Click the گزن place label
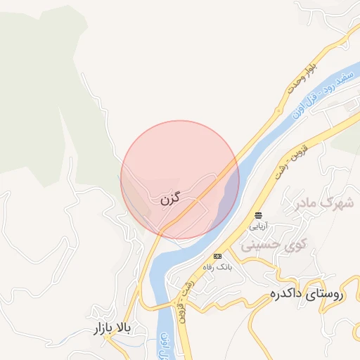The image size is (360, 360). pos(169,200)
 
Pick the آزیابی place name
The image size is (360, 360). pos(259,226)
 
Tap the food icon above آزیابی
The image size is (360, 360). pos(259,214)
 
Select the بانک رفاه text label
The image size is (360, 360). pos(217,268)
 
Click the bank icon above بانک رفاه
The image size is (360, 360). pos(217,256)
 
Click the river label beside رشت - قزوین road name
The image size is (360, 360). pos(163,345)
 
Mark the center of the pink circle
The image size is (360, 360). pos(180,180)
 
